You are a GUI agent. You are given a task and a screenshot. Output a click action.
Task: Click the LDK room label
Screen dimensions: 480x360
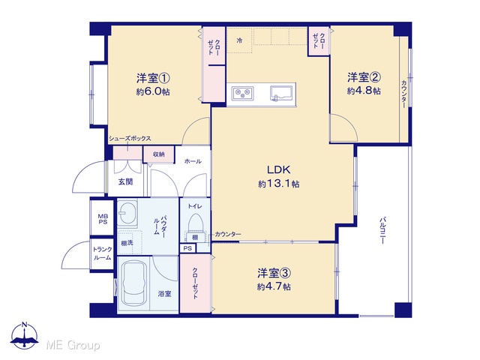[278, 169]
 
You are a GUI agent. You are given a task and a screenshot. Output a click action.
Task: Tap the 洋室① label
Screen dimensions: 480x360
[153, 78]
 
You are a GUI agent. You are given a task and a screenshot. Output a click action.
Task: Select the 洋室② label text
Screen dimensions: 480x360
[364, 77]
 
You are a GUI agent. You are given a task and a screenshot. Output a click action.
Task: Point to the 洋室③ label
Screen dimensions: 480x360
[274, 273]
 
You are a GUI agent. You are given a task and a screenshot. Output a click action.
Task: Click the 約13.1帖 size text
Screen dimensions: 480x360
[278, 184]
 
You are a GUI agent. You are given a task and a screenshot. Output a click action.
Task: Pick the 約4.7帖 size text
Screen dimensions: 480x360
[274, 286]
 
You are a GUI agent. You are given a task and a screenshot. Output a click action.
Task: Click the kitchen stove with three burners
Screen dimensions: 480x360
[243, 93]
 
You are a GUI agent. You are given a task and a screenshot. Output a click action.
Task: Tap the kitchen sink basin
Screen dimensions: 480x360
[281, 93]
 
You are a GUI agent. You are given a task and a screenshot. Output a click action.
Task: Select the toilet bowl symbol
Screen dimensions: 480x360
[195, 221]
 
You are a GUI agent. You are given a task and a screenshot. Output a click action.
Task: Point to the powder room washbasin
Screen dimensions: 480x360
[128, 212]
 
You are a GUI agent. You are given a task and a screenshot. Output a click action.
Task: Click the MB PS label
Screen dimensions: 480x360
[103, 219]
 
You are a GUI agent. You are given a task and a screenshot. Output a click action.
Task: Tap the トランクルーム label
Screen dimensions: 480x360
[103, 253]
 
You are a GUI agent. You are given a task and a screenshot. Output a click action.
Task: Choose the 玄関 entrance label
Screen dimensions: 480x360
[125, 181]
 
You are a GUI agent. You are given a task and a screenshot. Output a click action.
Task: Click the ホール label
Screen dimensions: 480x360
[193, 161]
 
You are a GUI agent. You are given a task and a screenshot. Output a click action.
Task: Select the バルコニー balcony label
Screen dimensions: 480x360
[382, 230]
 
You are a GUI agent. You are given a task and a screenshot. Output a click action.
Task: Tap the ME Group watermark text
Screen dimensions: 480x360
[73, 345]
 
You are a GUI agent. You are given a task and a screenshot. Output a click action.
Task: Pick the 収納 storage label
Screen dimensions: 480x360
[159, 154]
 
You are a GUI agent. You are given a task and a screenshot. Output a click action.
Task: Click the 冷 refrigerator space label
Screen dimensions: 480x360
[240, 40]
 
